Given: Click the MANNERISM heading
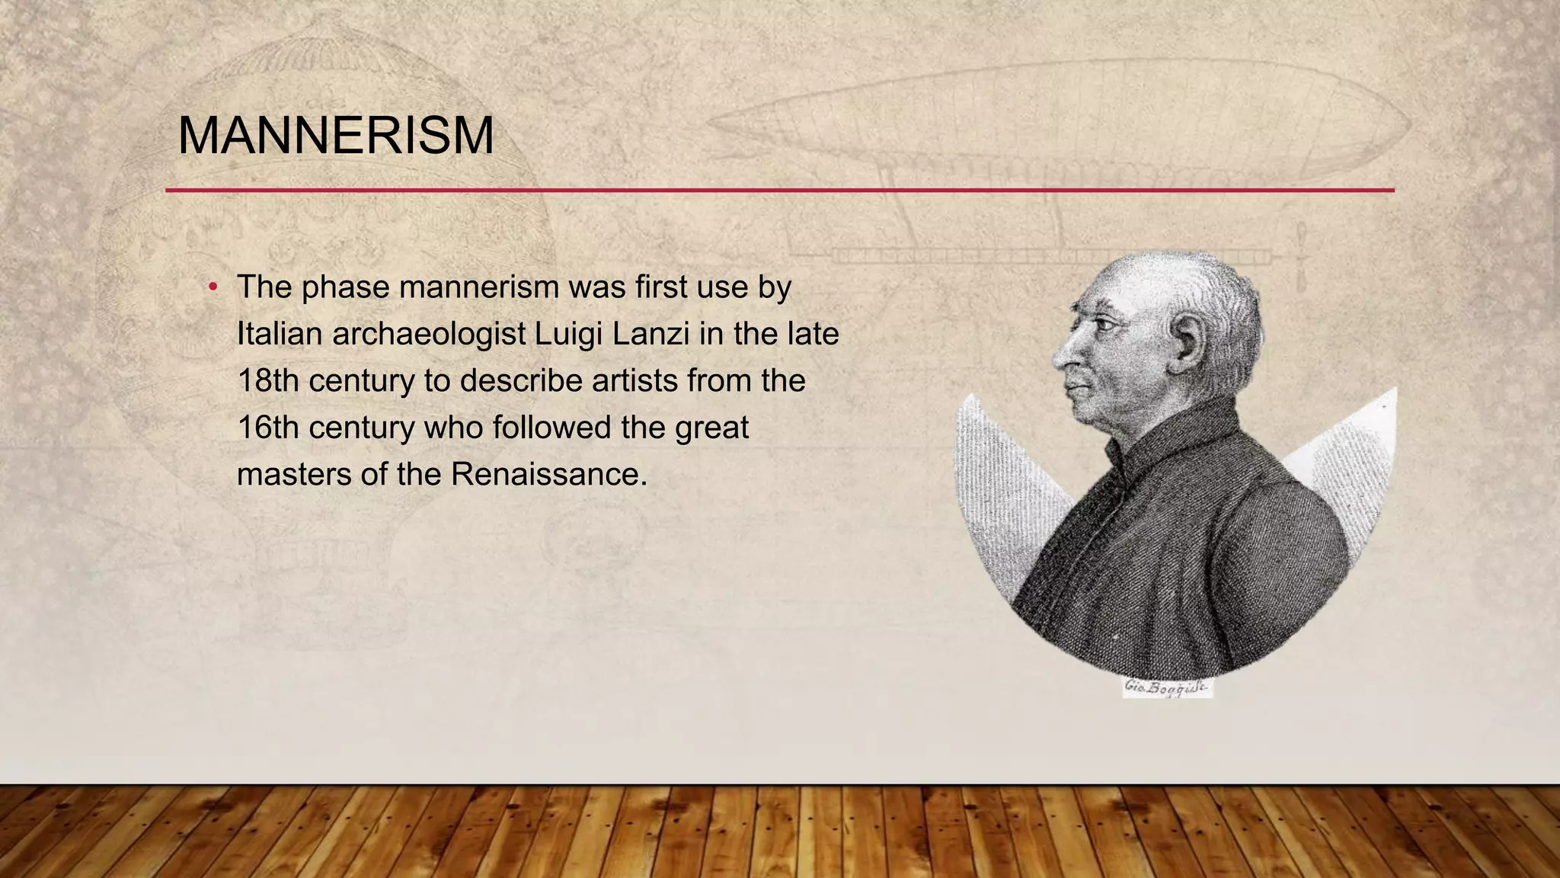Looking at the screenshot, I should point(335,136).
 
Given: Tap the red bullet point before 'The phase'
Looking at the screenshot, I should point(214,287).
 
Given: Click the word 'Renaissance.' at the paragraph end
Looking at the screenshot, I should point(548,474).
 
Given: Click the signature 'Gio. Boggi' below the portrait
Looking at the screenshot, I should point(1166,687).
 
